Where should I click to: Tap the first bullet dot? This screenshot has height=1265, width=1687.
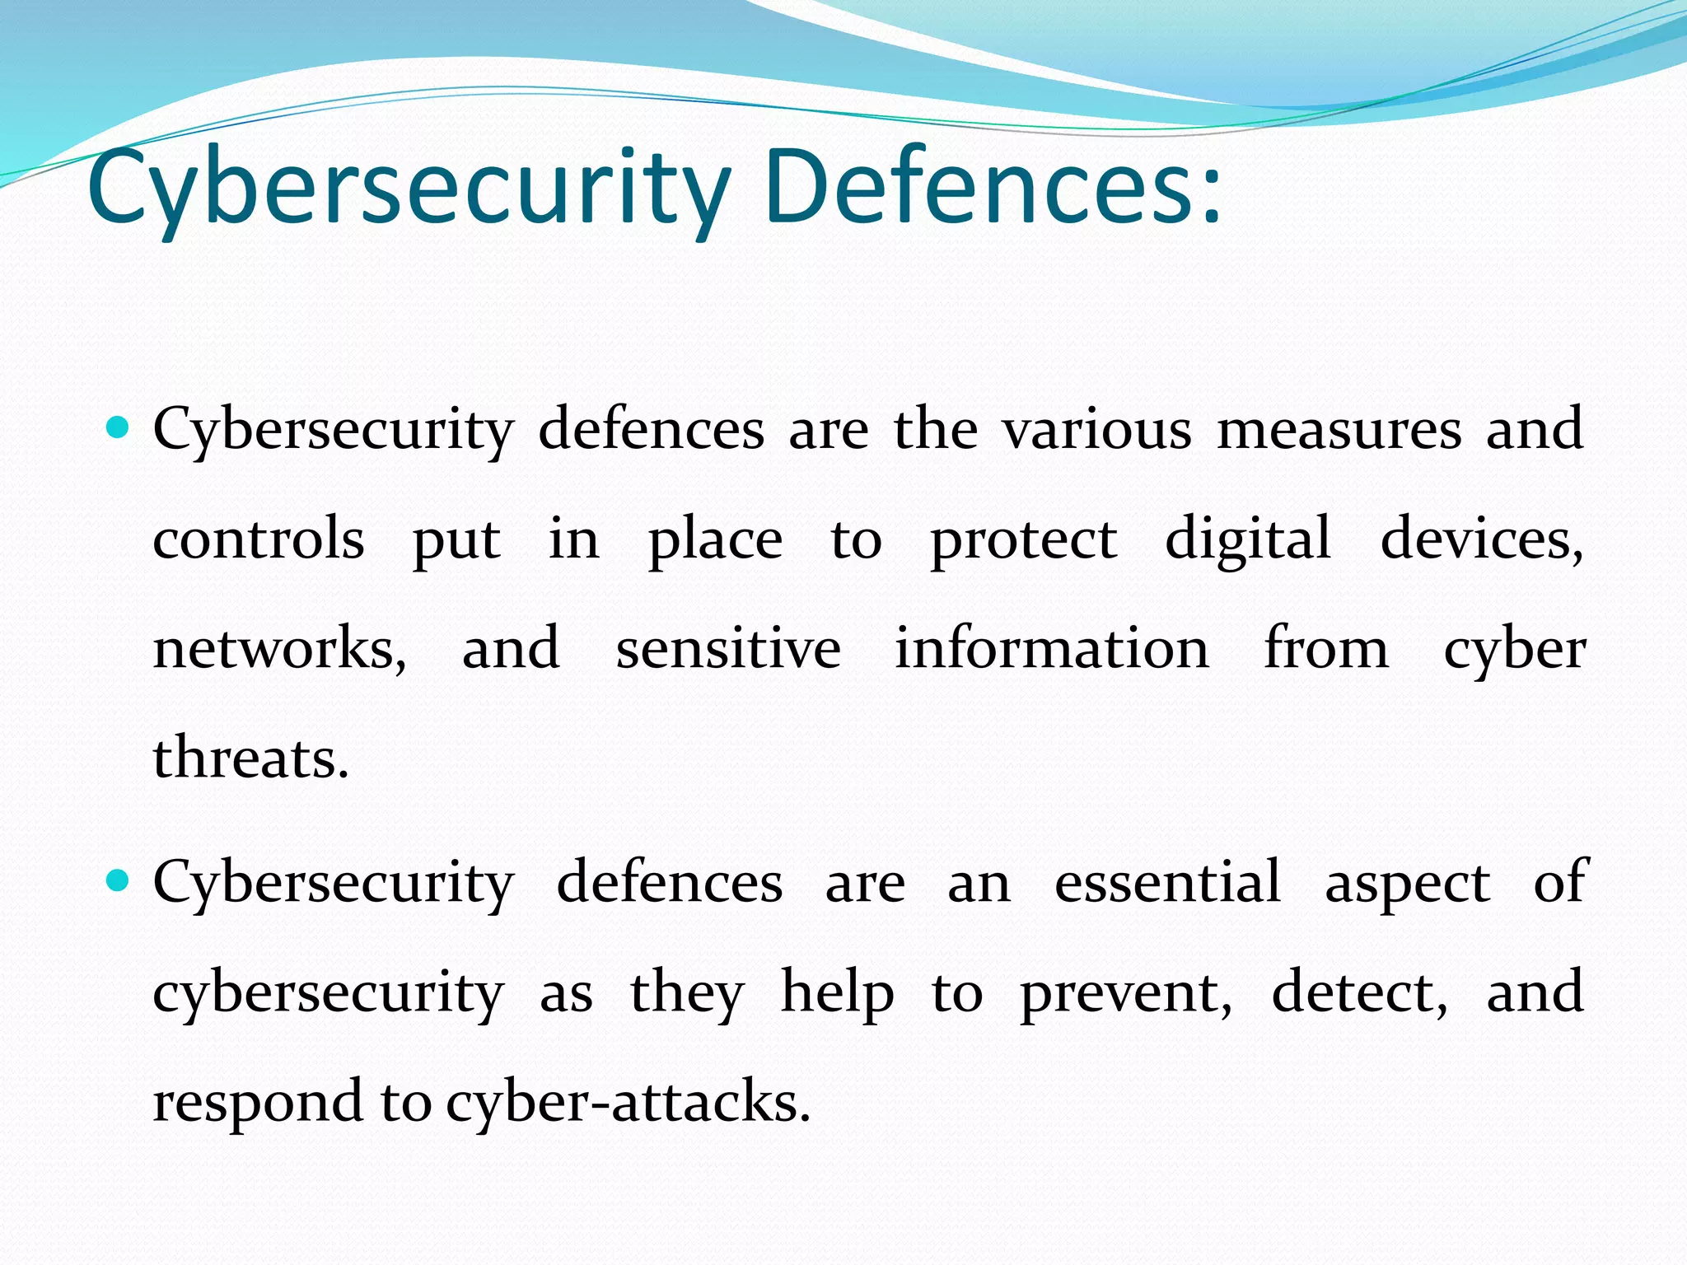point(119,427)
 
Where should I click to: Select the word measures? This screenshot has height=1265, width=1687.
point(1339,430)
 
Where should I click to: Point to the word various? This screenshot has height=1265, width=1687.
point(1096,430)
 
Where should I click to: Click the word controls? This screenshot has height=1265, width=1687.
point(259,539)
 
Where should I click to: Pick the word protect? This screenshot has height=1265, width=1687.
point(1023,541)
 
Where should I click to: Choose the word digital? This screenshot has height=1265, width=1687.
point(1247,541)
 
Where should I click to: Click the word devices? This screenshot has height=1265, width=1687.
point(1480,539)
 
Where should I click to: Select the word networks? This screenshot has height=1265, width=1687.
point(278,649)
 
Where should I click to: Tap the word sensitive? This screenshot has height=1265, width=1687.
point(728,649)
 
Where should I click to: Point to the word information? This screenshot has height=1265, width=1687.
point(1052,649)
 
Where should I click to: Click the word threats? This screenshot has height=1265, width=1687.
point(250,758)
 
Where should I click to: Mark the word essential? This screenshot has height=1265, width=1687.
point(1167,882)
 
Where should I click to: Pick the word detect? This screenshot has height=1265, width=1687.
point(1358,992)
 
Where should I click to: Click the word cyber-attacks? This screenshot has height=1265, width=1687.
point(628,1102)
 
